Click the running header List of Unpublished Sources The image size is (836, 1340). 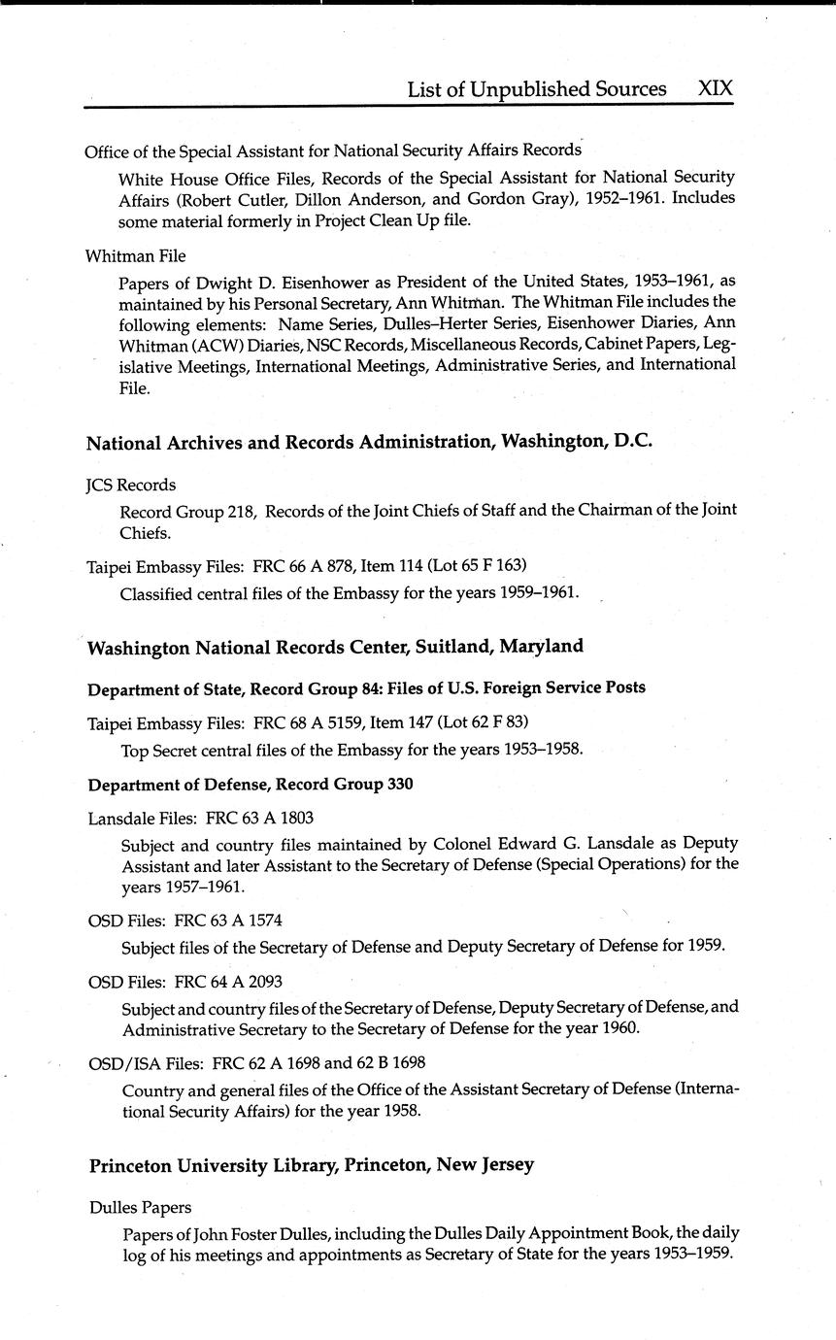point(536,89)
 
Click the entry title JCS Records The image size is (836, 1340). point(131,485)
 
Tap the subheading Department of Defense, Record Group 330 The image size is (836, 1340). point(251,785)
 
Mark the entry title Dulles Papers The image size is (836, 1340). point(140,1208)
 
